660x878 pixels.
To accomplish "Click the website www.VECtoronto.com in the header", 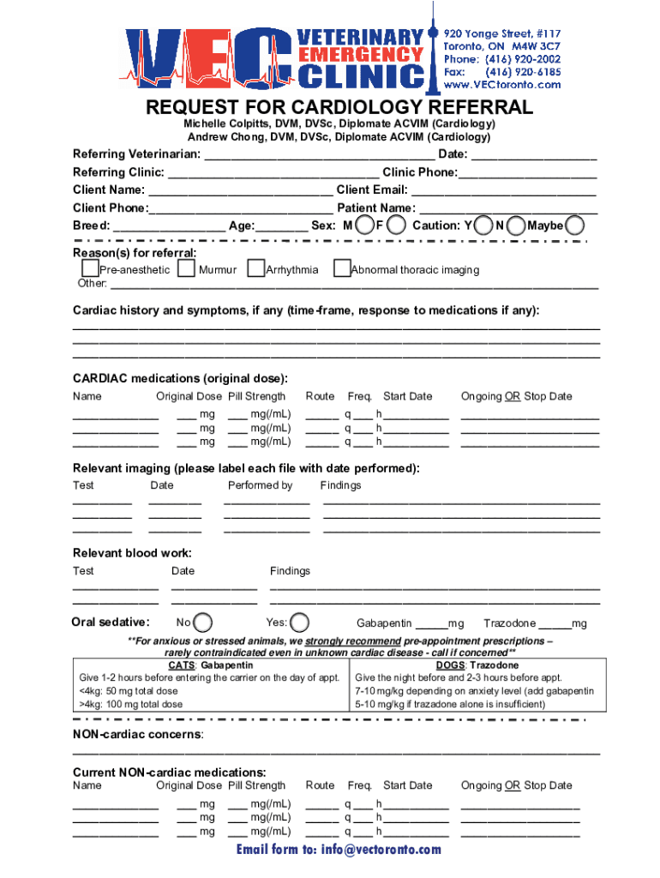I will [x=502, y=84].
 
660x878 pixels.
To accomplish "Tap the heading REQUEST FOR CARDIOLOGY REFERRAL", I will [x=339, y=108].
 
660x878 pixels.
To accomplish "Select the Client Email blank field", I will [x=503, y=191].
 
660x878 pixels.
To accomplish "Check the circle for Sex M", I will [x=365, y=226].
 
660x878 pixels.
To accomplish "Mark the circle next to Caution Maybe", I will [x=576, y=226].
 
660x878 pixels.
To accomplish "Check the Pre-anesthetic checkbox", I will [x=90, y=269].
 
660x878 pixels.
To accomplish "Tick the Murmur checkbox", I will [x=186, y=269].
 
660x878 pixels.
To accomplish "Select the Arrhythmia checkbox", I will [x=255, y=269].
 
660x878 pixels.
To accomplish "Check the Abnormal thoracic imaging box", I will [x=342, y=269].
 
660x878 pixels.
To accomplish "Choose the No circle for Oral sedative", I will [x=204, y=622].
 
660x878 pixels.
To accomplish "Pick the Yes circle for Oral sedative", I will [x=300, y=622].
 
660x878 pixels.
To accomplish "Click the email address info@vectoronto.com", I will [x=339, y=850].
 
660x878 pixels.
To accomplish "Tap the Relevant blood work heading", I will [x=132, y=553].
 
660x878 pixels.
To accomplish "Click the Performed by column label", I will [x=260, y=485].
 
